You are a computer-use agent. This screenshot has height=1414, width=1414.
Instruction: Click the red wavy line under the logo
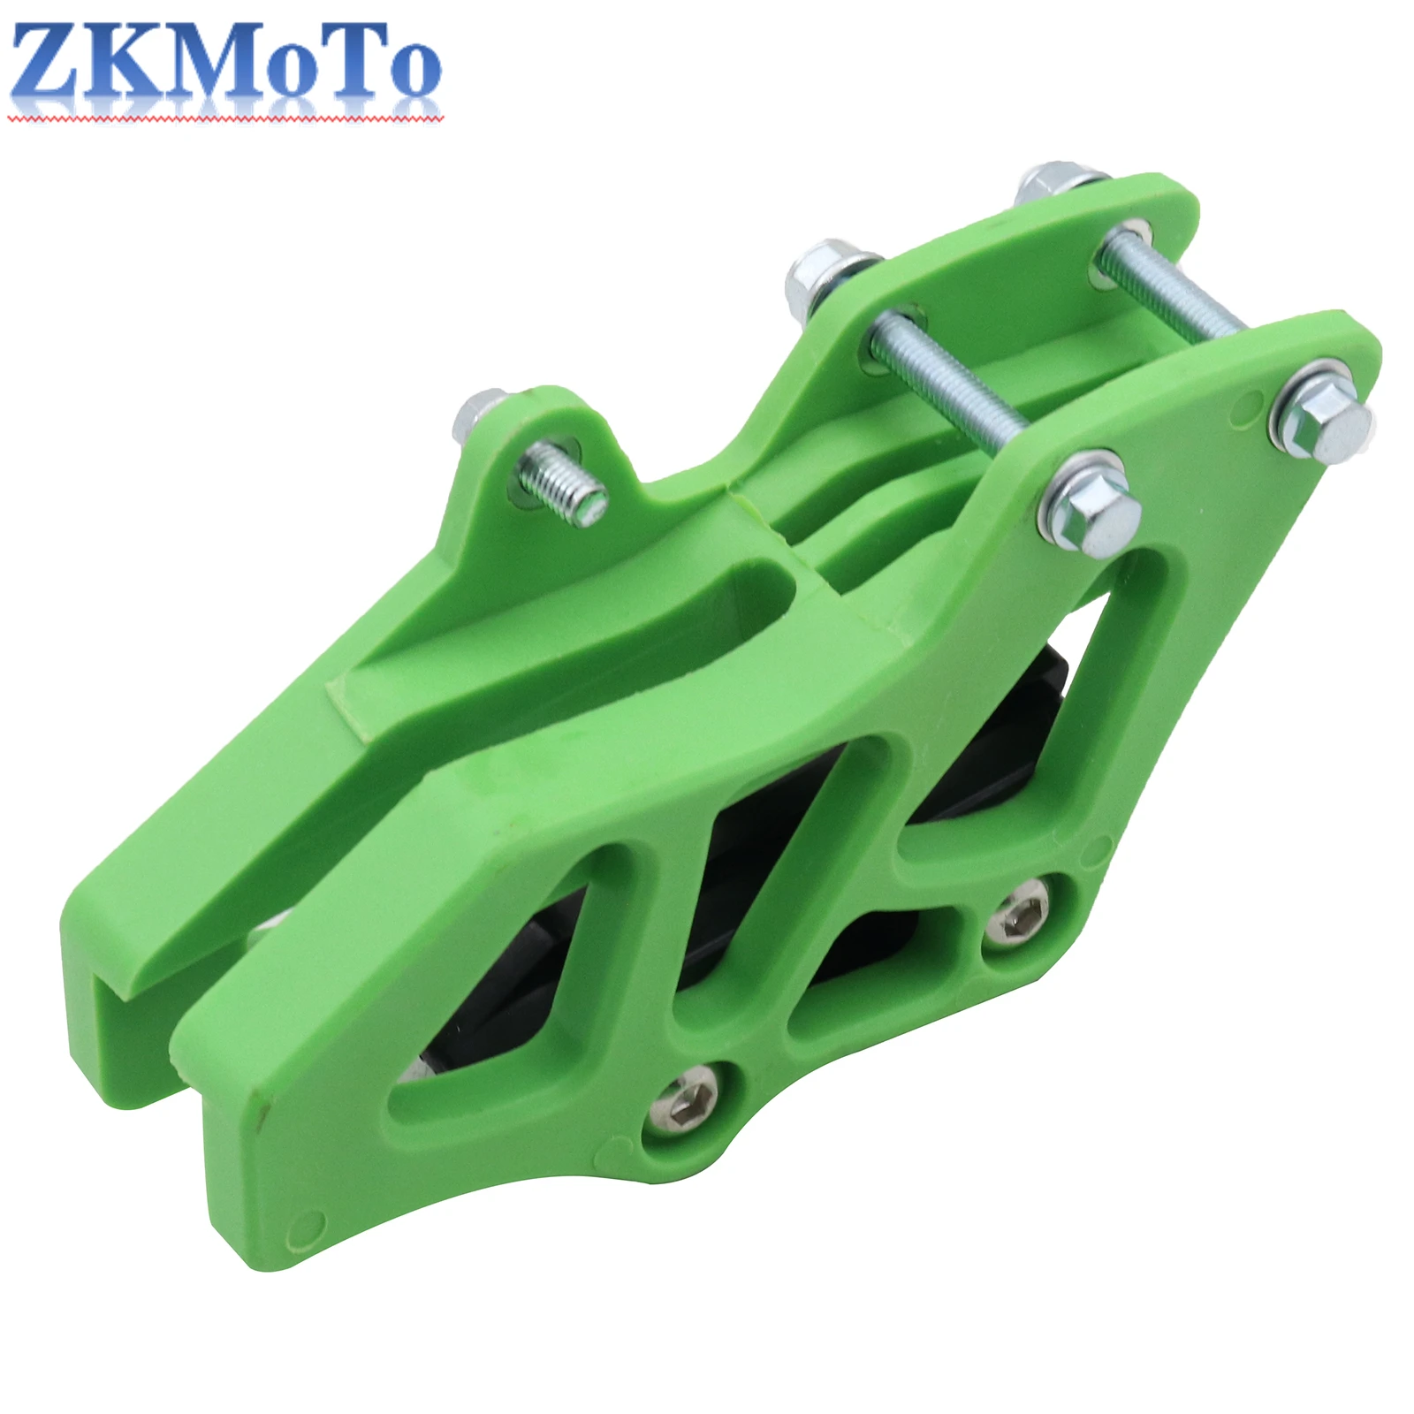221,117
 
